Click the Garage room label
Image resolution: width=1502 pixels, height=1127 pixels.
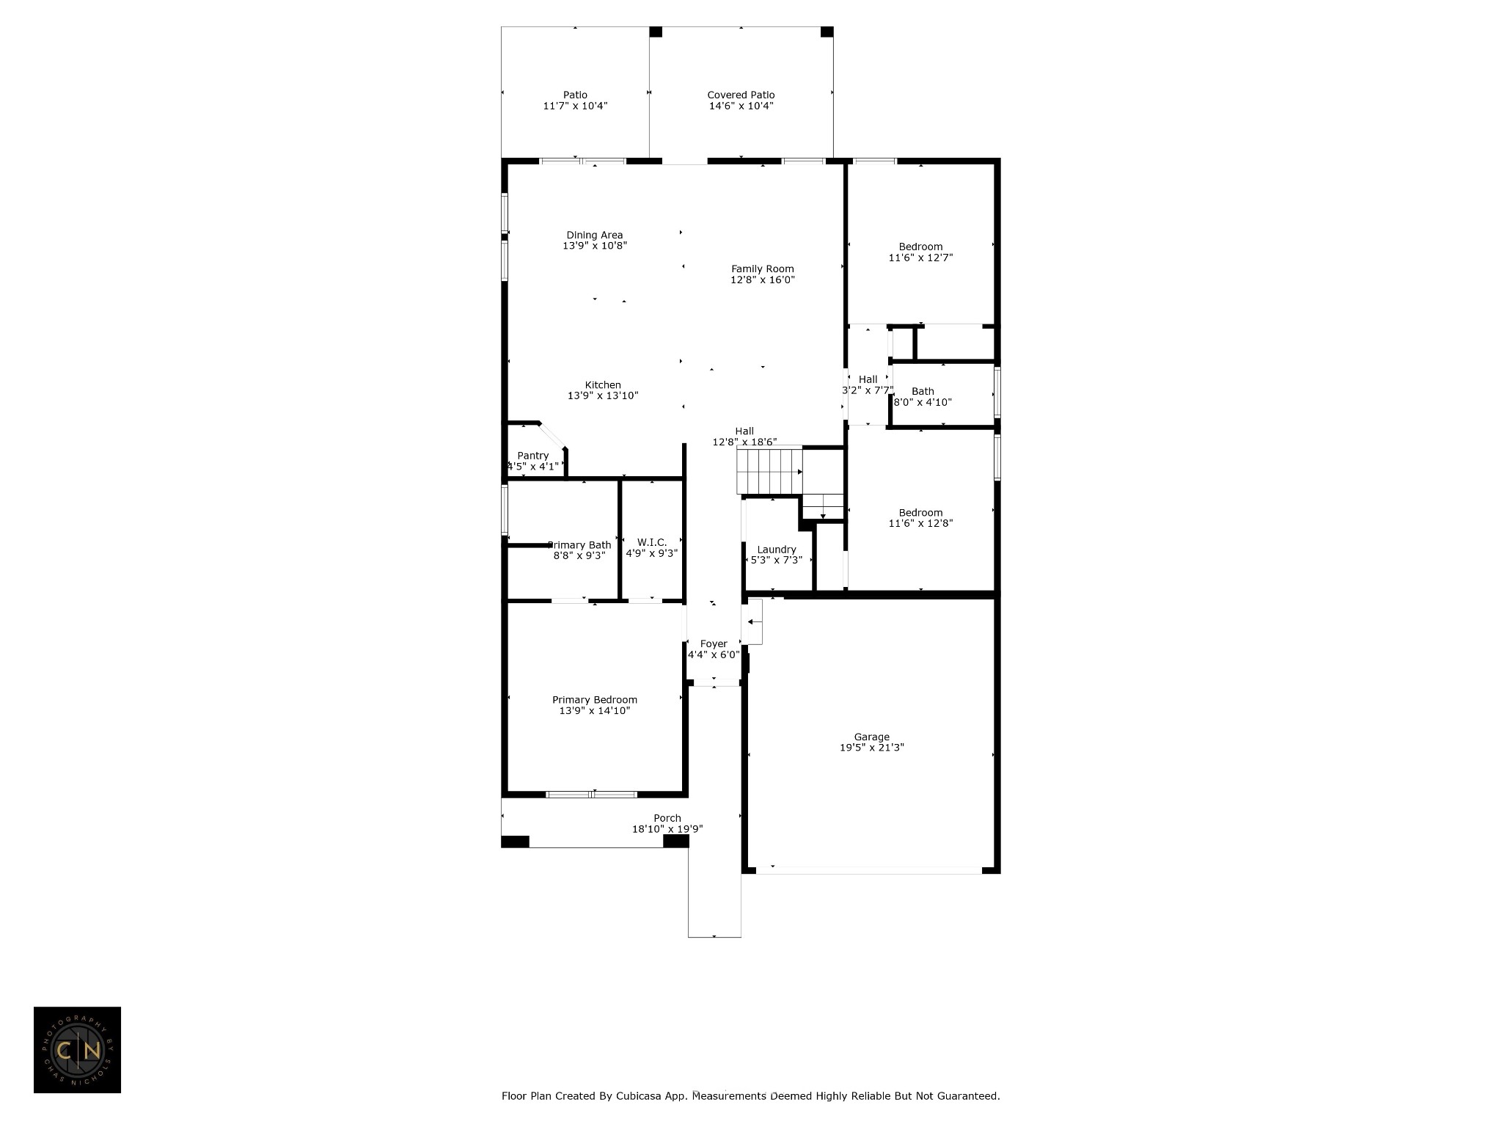click(871, 737)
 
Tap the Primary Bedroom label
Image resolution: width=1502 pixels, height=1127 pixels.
click(595, 700)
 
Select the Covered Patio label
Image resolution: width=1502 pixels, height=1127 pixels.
click(741, 95)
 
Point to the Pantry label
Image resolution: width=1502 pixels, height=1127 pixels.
click(532, 456)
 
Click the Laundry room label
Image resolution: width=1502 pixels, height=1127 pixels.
click(777, 550)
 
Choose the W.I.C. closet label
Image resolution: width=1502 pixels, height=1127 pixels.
click(652, 542)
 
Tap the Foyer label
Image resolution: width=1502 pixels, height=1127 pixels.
click(714, 643)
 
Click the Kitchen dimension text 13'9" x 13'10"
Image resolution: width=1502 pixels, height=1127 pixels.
click(603, 395)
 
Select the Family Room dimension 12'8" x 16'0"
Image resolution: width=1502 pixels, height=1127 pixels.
click(763, 280)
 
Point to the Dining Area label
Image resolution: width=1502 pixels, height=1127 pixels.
click(595, 235)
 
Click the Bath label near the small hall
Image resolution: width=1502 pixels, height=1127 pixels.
click(923, 391)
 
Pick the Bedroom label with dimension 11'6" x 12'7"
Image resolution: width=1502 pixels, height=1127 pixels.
click(920, 247)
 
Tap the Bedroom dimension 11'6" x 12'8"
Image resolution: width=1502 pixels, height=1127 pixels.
click(920, 523)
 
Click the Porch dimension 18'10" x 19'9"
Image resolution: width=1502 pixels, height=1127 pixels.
click(667, 829)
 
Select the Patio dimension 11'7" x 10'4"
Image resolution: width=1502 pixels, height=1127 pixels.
click(575, 106)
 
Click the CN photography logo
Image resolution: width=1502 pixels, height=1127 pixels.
click(77, 1050)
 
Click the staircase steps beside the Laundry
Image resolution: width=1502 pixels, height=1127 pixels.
click(769, 472)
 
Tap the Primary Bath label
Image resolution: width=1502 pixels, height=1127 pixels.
click(579, 545)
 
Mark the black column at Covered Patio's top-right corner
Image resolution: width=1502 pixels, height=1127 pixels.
click(827, 32)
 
